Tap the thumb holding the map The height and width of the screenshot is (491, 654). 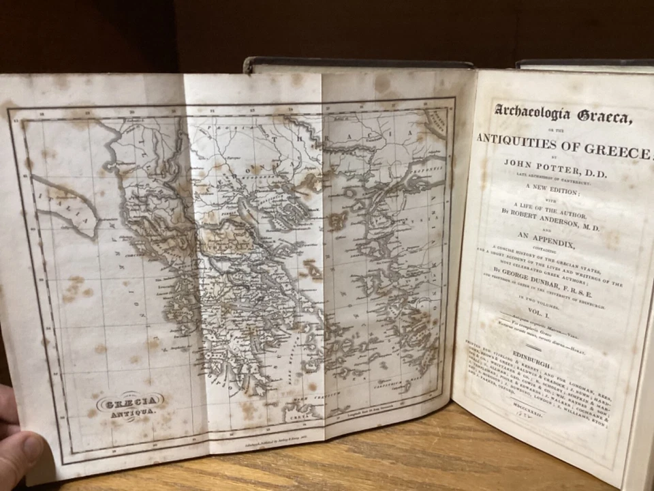point(17,453)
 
